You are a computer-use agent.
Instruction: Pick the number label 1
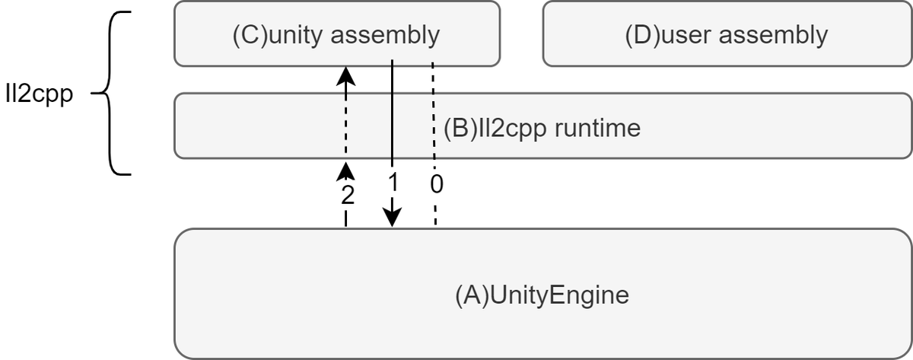[393, 183]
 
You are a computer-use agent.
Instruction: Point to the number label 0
[436, 183]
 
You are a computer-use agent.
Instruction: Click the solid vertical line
[392, 114]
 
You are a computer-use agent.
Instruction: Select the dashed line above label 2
[346, 122]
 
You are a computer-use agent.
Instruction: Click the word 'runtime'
[597, 128]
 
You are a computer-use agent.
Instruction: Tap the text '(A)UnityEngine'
[542, 295]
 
